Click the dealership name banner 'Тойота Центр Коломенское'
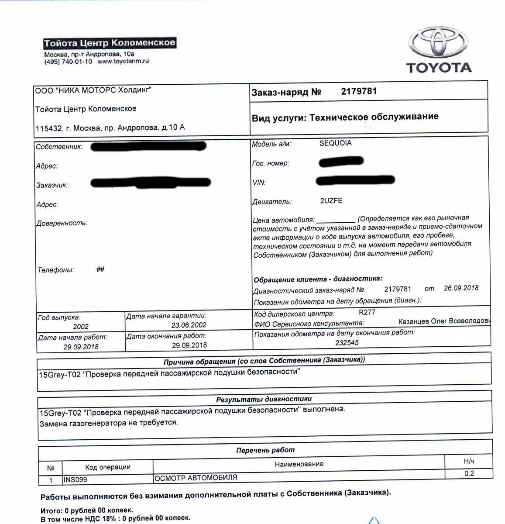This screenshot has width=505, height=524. pos(110,43)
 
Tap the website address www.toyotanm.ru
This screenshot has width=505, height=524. pos(123,62)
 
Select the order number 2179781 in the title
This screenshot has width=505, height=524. pos(359,91)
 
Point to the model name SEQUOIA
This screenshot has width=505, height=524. pos(335,143)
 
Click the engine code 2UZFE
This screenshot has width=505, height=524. pos(331,201)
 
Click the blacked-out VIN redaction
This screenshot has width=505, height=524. pos(355,180)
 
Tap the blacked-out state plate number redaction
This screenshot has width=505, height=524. pos(341,162)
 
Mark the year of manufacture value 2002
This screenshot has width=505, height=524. pos(81,327)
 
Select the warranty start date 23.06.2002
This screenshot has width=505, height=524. pos(189,325)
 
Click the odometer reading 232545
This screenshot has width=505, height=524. pos(347,343)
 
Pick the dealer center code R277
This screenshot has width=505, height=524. pos(367,313)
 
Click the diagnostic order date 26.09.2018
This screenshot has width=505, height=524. pos(461,288)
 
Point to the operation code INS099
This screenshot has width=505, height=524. pos(76,479)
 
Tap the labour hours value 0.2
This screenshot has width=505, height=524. pos(469,474)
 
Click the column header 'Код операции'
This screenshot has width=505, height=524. pos(108,467)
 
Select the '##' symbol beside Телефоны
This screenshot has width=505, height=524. pos(100,269)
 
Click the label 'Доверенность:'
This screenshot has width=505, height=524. pos(62,223)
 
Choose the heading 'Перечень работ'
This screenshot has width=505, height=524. pos(265,450)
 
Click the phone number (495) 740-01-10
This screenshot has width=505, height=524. pos(68,62)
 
